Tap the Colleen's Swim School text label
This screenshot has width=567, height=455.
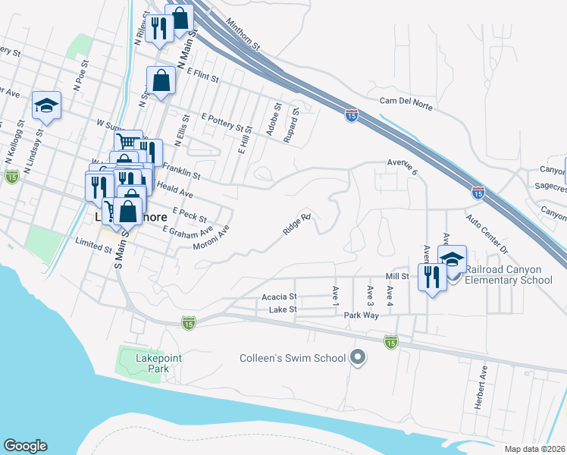[x=293, y=358]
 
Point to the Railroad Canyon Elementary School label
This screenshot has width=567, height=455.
[x=509, y=275]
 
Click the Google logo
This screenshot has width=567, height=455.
[x=25, y=446]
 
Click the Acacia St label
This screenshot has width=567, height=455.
[x=280, y=297]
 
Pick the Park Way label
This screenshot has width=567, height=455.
[x=361, y=315]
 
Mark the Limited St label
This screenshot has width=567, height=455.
[x=94, y=243]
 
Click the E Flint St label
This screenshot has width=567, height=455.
[x=200, y=76]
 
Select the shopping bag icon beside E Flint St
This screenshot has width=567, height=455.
[x=161, y=80]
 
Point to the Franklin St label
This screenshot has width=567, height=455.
[x=180, y=171]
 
